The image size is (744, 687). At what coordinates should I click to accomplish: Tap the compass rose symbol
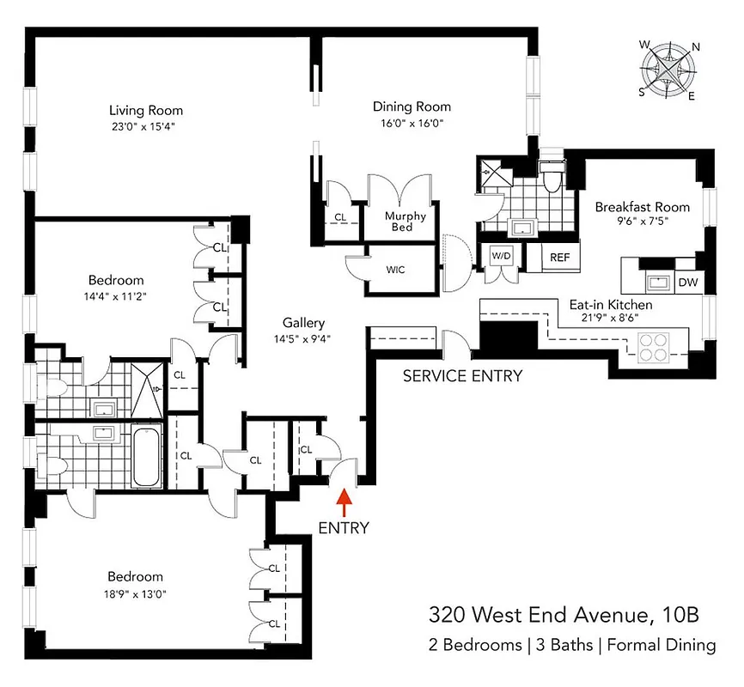[669, 70]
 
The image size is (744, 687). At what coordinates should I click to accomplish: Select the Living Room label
[145, 110]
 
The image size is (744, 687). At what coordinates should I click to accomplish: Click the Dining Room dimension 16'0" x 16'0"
[412, 123]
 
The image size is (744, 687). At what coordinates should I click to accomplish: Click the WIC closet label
[395, 269]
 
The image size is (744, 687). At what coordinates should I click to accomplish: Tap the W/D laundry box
[501, 256]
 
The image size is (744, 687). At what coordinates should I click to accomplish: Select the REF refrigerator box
[559, 256]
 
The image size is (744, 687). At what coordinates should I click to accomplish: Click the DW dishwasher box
[688, 282]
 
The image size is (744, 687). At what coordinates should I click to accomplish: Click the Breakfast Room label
[643, 207]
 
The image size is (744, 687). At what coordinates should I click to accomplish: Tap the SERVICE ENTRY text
[462, 376]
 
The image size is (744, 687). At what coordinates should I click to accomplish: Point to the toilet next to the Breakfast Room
[551, 178]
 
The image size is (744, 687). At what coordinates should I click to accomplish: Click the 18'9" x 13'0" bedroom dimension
[135, 593]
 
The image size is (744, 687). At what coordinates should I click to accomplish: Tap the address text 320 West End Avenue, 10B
[564, 615]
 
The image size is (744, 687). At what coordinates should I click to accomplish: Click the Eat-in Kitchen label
[611, 305]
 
